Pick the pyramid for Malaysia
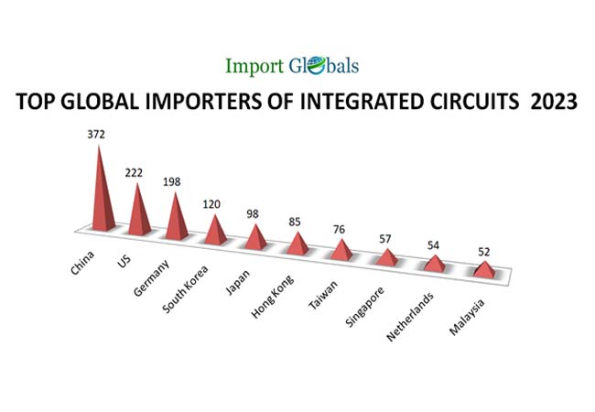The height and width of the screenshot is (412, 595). [482, 269]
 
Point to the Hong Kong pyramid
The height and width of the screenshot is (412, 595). [297, 244]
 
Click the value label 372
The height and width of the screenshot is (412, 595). [96, 135]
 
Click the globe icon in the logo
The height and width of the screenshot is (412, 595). [313, 65]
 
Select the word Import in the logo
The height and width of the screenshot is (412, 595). [256, 66]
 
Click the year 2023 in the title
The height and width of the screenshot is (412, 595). [553, 102]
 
